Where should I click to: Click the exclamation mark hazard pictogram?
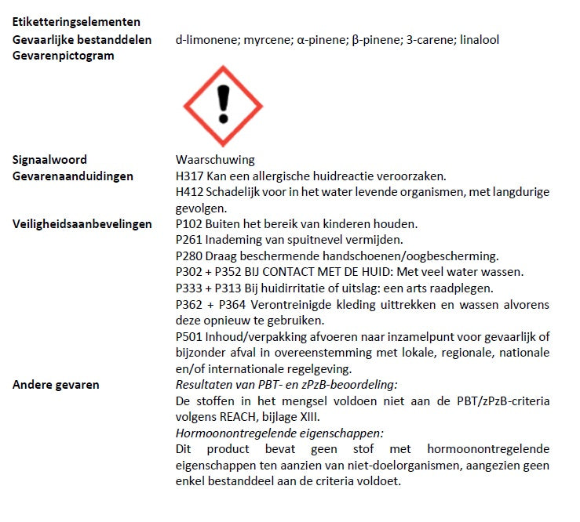pos(223,104)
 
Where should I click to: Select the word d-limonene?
pos(205,40)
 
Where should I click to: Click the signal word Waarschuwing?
pos(215,160)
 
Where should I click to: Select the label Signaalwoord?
pos(49,160)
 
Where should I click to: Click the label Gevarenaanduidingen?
pos(73,176)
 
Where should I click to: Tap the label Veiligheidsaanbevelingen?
pos(82,224)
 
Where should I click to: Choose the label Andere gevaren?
pos(56,384)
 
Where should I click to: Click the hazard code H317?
pos(189,176)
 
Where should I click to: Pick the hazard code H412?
pos(189,192)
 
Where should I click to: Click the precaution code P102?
pos(189,224)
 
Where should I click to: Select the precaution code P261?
pos(189,240)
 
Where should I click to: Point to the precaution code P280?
pos(189,256)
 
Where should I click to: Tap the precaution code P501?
pos(189,336)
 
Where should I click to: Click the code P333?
pos(189,288)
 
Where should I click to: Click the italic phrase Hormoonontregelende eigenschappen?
pos(279,433)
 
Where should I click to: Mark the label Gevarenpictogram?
pos(64,56)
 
